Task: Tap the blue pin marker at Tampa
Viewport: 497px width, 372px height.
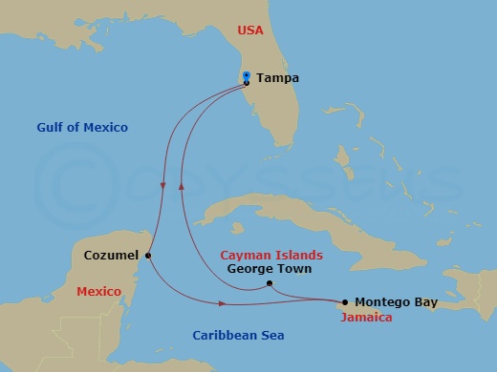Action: [x=247, y=76]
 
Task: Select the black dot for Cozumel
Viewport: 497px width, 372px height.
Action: [x=148, y=255]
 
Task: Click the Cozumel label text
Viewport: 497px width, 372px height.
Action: [x=111, y=255]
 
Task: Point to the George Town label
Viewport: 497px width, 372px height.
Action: [x=265, y=269]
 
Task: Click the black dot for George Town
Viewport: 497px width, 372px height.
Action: [x=270, y=283]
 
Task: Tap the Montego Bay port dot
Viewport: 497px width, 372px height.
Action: [x=344, y=302]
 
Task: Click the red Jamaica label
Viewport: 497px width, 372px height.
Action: [x=366, y=318]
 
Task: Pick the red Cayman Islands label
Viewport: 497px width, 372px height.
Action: [x=271, y=256]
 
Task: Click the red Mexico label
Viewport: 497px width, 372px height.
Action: [x=98, y=291]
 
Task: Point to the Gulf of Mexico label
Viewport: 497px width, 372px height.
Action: [x=82, y=127]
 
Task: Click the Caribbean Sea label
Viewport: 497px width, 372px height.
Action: [x=238, y=335]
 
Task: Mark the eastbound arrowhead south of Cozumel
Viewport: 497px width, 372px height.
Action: [x=223, y=304]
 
